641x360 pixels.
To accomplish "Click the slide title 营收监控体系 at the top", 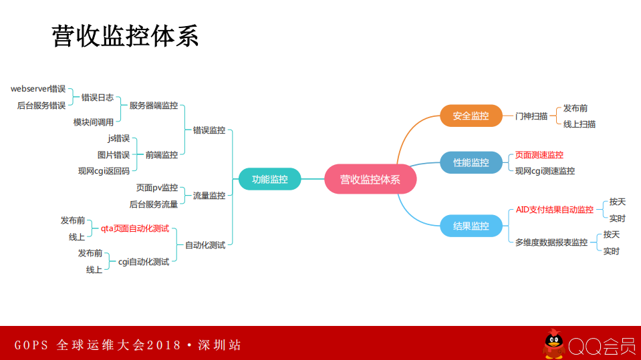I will pyautogui.click(x=125, y=36).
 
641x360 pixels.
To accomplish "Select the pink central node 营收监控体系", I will pyautogui.click(x=370, y=179).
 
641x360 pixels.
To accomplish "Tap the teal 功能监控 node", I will pyautogui.click(x=269, y=179).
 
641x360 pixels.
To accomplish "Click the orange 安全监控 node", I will pyautogui.click(x=471, y=116).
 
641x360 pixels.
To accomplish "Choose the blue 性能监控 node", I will pyautogui.click(x=471, y=162).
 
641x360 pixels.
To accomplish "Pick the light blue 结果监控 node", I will pyautogui.click(x=471, y=226).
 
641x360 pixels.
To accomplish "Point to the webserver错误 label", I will pyautogui.click(x=38, y=89).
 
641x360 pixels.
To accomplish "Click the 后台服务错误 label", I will pyautogui.click(x=41, y=105).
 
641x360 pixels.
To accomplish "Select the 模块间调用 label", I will pyautogui.click(x=94, y=122).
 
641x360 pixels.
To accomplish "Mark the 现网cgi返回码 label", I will pyautogui.click(x=104, y=171).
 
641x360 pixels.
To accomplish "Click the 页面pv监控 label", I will pyautogui.click(x=157, y=188).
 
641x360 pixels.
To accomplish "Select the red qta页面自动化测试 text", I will pyautogui.click(x=130, y=228).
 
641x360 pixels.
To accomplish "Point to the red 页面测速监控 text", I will pyautogui.click(x=539, y=155).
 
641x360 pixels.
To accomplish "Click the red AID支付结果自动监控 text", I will pyautogui.click(x=555, y=210).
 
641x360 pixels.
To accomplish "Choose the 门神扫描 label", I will pyautogui.click(x=531, y=116).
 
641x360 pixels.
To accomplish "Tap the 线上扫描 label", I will pyautogui.click(x=580, y=124).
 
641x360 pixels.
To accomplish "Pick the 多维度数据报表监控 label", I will pyautogui.click(x=551, y=242).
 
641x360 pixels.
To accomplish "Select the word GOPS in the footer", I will pyautogui.click(x=31, y=345).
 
